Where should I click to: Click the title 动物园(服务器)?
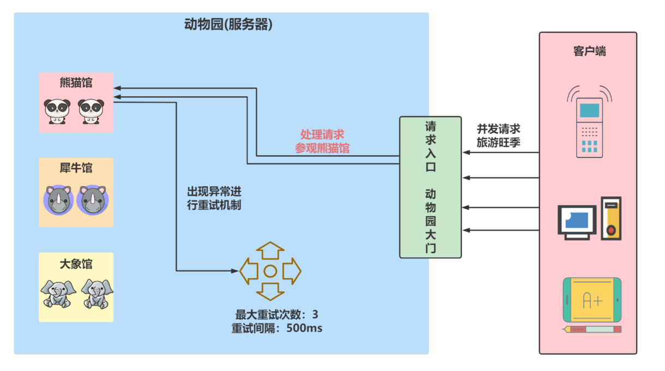[228, 25]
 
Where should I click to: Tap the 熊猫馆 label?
[76, 83]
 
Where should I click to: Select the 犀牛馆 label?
[76, 168]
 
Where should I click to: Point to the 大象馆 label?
[76, 264]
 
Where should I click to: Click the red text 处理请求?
[322, 134]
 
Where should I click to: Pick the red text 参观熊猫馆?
[322, 148]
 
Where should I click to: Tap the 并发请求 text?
[498, 129]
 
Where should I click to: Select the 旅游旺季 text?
[498, 143]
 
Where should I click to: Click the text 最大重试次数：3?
[277, 315]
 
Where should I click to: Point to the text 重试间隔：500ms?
[277, 328]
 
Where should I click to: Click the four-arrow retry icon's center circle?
[270, 270]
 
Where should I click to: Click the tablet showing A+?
[592, 300]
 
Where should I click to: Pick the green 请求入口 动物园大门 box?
[430, 187]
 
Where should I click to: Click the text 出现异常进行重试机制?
[214, 199]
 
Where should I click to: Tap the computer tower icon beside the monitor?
[611, 219]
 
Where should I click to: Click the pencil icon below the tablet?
[592, 329]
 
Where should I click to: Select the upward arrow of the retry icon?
[270, 250]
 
